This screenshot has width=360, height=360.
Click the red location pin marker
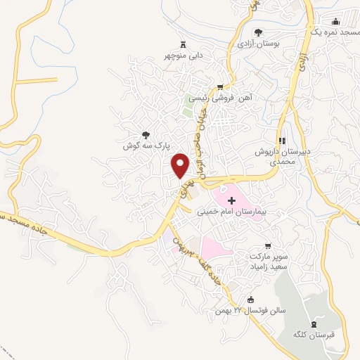pyautogui.click(x=181, y=165)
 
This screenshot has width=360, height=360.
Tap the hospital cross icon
pyautogui.click(x=232, y=201)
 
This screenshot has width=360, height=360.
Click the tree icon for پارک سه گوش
pyautogui.click(x=146, y=134)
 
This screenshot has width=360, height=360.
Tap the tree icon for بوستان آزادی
pyautogui.click(x=258, y=32)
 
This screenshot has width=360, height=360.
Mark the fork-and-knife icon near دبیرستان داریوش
pyautogui.click(x=282, y=139)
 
